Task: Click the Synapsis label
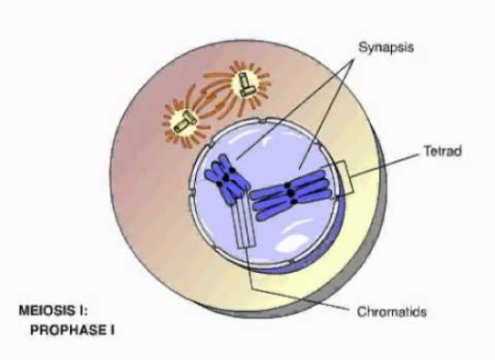386,47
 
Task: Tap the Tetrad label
443,151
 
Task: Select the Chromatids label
392,312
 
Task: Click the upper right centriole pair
245,84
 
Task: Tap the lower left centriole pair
185,122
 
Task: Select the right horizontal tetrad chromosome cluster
292,194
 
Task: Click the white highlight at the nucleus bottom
293,237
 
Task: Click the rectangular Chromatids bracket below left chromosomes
243,222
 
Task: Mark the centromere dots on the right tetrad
291,193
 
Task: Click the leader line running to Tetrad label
385,165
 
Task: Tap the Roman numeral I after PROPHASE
112,331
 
